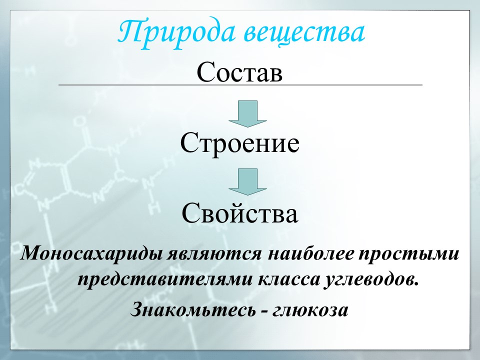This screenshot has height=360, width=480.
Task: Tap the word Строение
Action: coord(240,143)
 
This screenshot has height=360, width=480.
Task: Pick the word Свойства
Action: coord(240,214)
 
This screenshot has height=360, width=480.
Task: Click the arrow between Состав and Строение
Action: coord(247,113)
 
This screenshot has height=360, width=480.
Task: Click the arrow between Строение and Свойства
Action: coord(247,181)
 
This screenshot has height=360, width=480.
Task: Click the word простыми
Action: coord(414,254)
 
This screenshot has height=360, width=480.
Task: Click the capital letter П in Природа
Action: coord(131,32)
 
